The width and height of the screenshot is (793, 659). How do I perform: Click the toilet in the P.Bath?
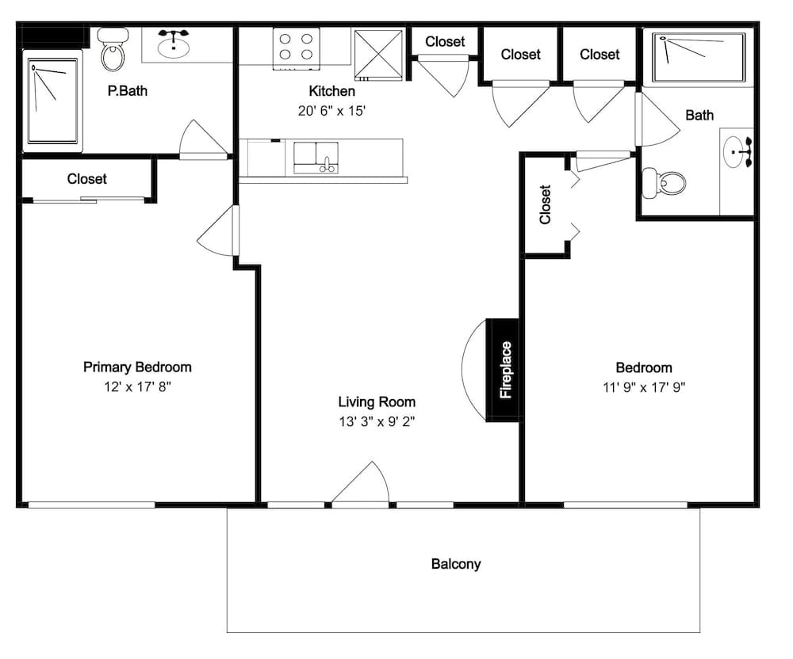113,49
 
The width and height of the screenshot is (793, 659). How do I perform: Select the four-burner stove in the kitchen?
296,48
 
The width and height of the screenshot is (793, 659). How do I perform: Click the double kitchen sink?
316,158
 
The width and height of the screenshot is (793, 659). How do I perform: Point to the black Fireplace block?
503,370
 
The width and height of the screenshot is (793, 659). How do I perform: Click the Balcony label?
456,564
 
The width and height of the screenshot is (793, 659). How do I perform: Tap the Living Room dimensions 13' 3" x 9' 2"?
377,421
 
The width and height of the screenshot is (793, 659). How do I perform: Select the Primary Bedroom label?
137,367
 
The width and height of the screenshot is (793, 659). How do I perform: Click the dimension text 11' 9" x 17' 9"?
644,387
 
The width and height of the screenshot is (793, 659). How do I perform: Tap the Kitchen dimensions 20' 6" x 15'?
331,111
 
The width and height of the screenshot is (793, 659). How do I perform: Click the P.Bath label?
128,91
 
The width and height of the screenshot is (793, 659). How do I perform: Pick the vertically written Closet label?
545,204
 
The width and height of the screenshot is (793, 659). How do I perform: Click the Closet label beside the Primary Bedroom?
87,179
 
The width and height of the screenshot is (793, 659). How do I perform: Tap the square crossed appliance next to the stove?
379,55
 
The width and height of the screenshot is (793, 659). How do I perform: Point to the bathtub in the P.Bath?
52,101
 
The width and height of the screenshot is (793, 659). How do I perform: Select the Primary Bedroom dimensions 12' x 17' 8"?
137,387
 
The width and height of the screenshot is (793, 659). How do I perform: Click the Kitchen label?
331,91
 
